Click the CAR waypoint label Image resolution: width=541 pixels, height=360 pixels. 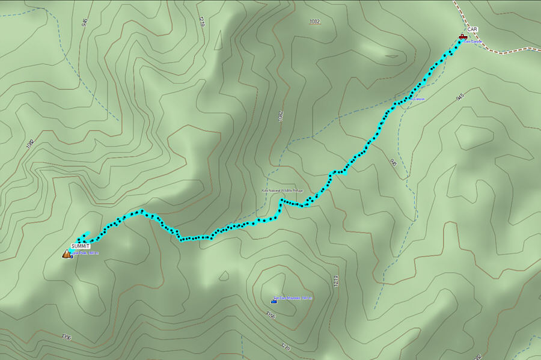pos(472,29)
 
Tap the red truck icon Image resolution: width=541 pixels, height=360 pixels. pos(462,37)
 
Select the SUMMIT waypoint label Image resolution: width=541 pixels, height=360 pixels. pos(80,246)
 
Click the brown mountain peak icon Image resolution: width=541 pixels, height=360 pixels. pos(66,254)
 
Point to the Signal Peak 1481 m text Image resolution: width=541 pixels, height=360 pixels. pos(84,253)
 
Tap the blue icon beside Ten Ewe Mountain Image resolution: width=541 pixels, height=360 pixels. pos(274,301)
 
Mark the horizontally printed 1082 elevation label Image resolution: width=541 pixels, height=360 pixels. pos(314,22)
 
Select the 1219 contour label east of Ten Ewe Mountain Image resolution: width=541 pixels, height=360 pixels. pos(337,281)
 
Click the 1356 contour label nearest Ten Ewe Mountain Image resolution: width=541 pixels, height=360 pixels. pos(270,314)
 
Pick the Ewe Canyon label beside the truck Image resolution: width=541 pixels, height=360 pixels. pos(474,41)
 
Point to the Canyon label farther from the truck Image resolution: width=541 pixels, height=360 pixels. pos(418,99)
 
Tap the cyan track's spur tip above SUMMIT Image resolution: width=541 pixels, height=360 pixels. pos(89,233)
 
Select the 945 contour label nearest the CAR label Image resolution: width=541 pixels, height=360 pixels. pos(460,96)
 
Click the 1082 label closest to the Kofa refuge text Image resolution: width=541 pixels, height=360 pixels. pos(280,116)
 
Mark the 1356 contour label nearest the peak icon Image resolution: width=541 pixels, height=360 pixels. pos(66,337)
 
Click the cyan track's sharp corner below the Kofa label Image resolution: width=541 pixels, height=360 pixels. pos(281,200)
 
